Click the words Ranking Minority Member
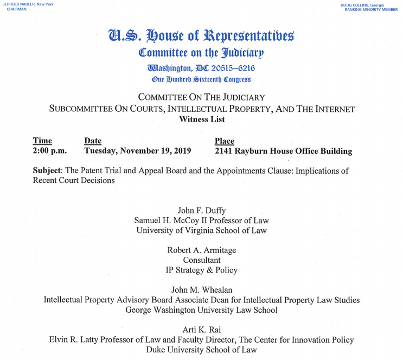[x=370, y=10]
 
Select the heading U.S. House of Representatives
[x=201, y=37]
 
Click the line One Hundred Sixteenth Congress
[x=201, y=79]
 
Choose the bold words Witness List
[x=201, y=119]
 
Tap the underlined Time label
[x=42, y=141]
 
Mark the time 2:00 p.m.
[x=49, y=151]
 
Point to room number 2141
[x=226, y=151]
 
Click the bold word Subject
[x=46, y=170]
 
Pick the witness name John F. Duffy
[x=201, y=211]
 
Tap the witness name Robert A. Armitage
[x=201, y=250]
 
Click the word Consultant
[x=201, y=260]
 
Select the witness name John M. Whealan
[x=201, y=290]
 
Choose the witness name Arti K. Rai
[x=201, y=330]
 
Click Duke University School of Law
[x=201, y=350]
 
